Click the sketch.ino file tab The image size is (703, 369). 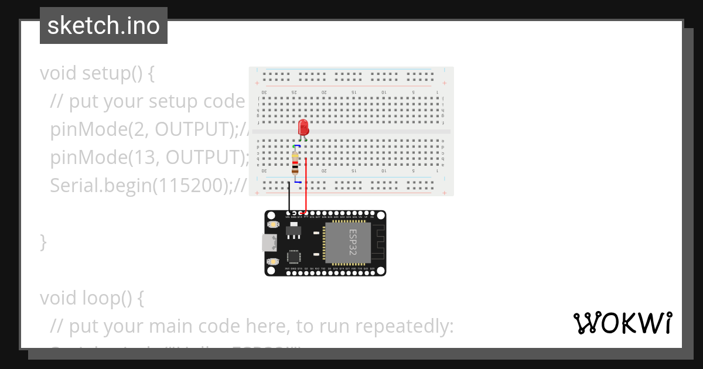pyautogui.click(x=104, y=26)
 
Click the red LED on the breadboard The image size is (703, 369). pyautogui.click(x=303, y=127)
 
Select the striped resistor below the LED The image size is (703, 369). pyautogui.click(x=295, y=163)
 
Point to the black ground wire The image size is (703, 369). pyautogui.click(x=289, y=196)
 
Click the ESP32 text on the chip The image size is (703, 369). pyautogui.click(x=353, y=241)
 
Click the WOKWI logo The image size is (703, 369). pyautogui.click(x=622, y=323)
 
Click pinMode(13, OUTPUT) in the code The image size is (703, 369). pyautogui.click(x=146, y=158)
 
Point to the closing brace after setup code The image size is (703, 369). pyautogui.click(x=43, y=241)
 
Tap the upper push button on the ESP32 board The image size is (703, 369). pyautogui.click(x=272, y=224)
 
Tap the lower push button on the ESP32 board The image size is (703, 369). pyautogui.click(x=272, y=261)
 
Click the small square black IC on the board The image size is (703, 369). pyautogui.click(x=294, y=257)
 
